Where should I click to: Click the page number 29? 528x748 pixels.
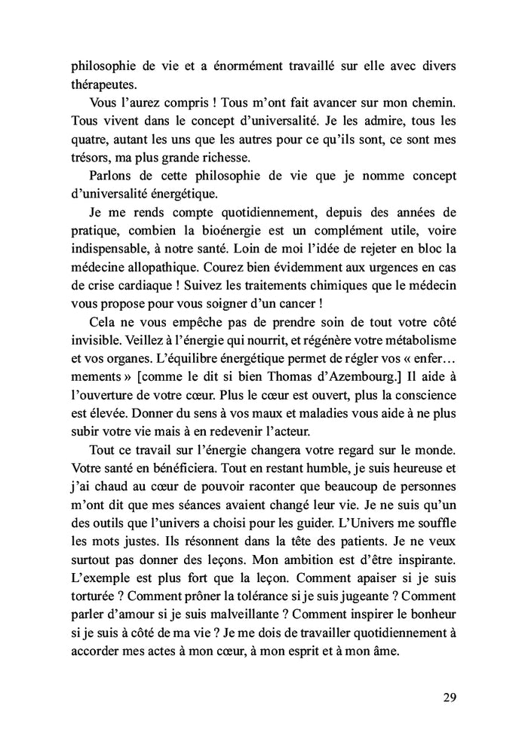point(449,697)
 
